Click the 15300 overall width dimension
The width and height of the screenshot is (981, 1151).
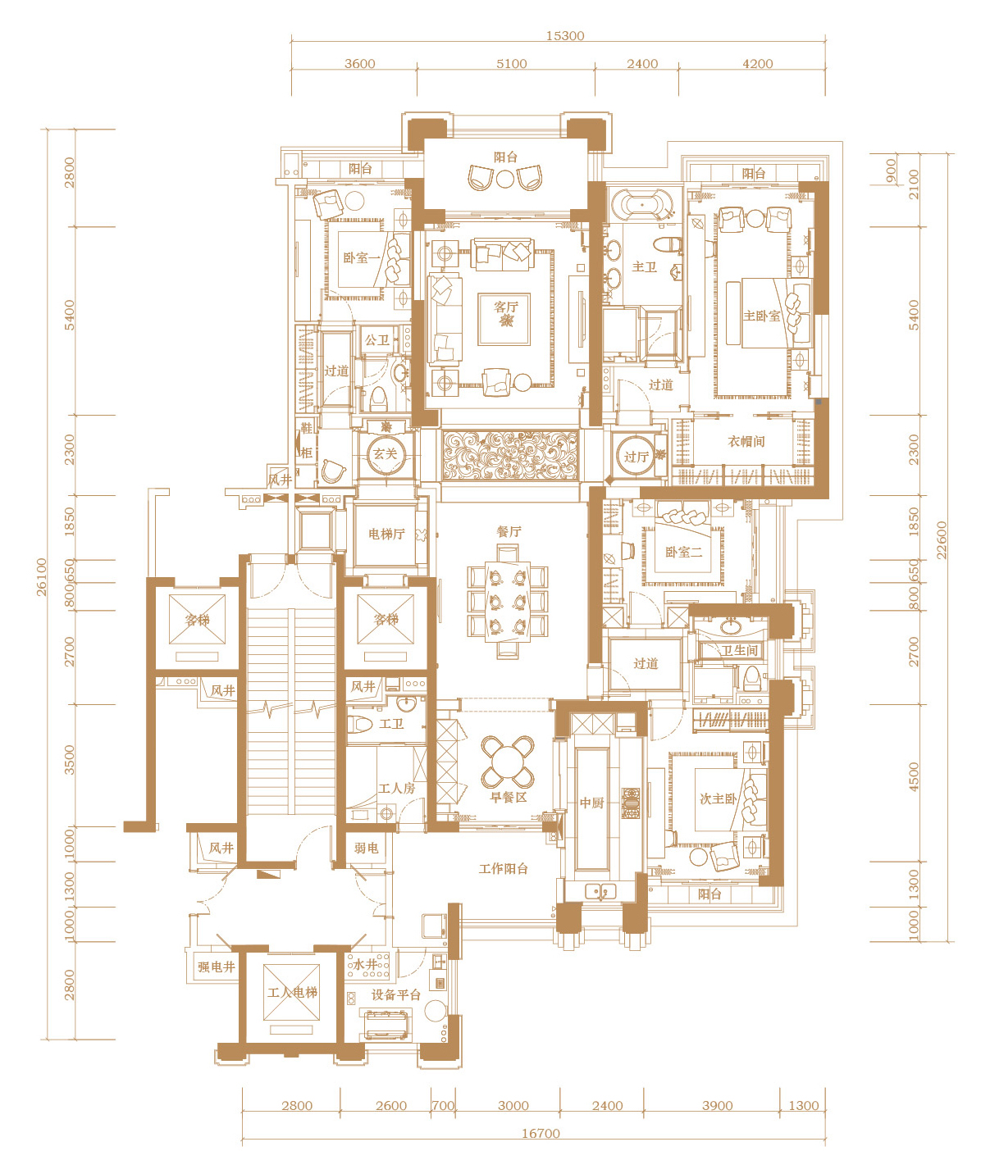click(x=565, y=36)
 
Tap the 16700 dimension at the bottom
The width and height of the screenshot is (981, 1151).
click(x=541, y=1134)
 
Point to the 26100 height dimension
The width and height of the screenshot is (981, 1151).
click(x=42, y=577)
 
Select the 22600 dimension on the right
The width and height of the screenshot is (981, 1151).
click(x=941, y=540)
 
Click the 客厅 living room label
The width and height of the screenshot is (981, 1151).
click(x=506, y=307)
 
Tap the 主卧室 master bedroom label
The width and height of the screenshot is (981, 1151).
click(x=761, y=316)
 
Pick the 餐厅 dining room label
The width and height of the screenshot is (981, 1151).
click(x=509, y=531)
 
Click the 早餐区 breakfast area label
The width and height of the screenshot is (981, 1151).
click(x=508, y=797)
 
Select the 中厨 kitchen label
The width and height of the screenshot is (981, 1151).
click(x=591, y=803)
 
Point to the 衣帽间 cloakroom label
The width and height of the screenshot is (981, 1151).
click(x=746, y=441)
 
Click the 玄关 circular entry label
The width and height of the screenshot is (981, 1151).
click(x=385, y=454)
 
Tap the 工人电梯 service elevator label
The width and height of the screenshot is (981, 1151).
click(x=292, y=992)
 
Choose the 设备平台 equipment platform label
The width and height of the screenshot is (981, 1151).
click(x=396, y=994)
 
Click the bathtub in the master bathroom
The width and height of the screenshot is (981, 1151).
click(x=641, y=204)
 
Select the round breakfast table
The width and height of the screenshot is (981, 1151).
click(x=508, y=762)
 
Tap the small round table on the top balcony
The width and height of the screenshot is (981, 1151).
click(x=504, y=179)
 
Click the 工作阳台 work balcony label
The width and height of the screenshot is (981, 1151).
click(x=503, y=868)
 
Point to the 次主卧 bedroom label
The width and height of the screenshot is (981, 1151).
click(x=718, y=798)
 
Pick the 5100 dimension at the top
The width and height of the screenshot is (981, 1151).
click(x=511, y=64)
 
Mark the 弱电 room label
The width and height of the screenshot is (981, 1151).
click(x=366, y=848)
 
